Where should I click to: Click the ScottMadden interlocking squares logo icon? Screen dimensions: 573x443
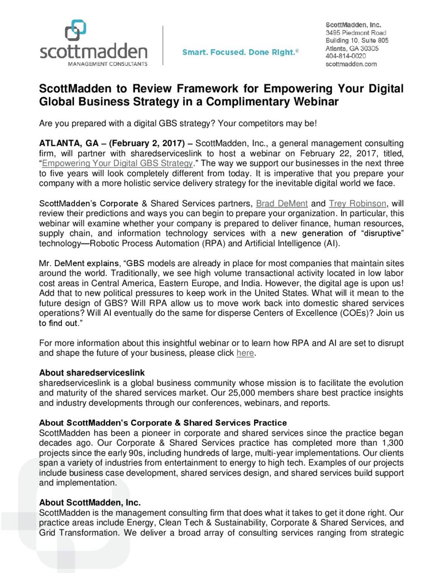[x=75, y=30]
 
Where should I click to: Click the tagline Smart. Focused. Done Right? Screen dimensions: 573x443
[x=240, y=52]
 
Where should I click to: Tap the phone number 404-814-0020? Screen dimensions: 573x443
[x=345, y=56]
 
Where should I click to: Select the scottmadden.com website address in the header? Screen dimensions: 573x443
[x=351, y=64]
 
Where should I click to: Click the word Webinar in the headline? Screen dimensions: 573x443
[x=316, y=102]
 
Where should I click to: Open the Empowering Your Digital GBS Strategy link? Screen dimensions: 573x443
[x=118, y=163]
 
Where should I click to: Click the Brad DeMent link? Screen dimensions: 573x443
[x=282, y=204]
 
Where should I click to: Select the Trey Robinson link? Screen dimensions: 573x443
[x=358, y=204]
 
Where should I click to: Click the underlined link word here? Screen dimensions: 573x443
[x=245, y=353]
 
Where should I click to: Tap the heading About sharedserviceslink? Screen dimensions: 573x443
[x=92, y=373]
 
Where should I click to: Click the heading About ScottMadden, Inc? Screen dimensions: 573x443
[x=90, y=503]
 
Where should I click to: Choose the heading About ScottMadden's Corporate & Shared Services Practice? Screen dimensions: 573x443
[x=163, y=423]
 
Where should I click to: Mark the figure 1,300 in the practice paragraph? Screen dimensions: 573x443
[x=392, y=443]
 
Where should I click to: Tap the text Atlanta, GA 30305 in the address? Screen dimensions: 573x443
[x=352, y=48]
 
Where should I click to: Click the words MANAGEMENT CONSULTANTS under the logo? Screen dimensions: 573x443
[x=108, y=64]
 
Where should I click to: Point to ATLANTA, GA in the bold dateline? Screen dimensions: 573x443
[x=69, y=143]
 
